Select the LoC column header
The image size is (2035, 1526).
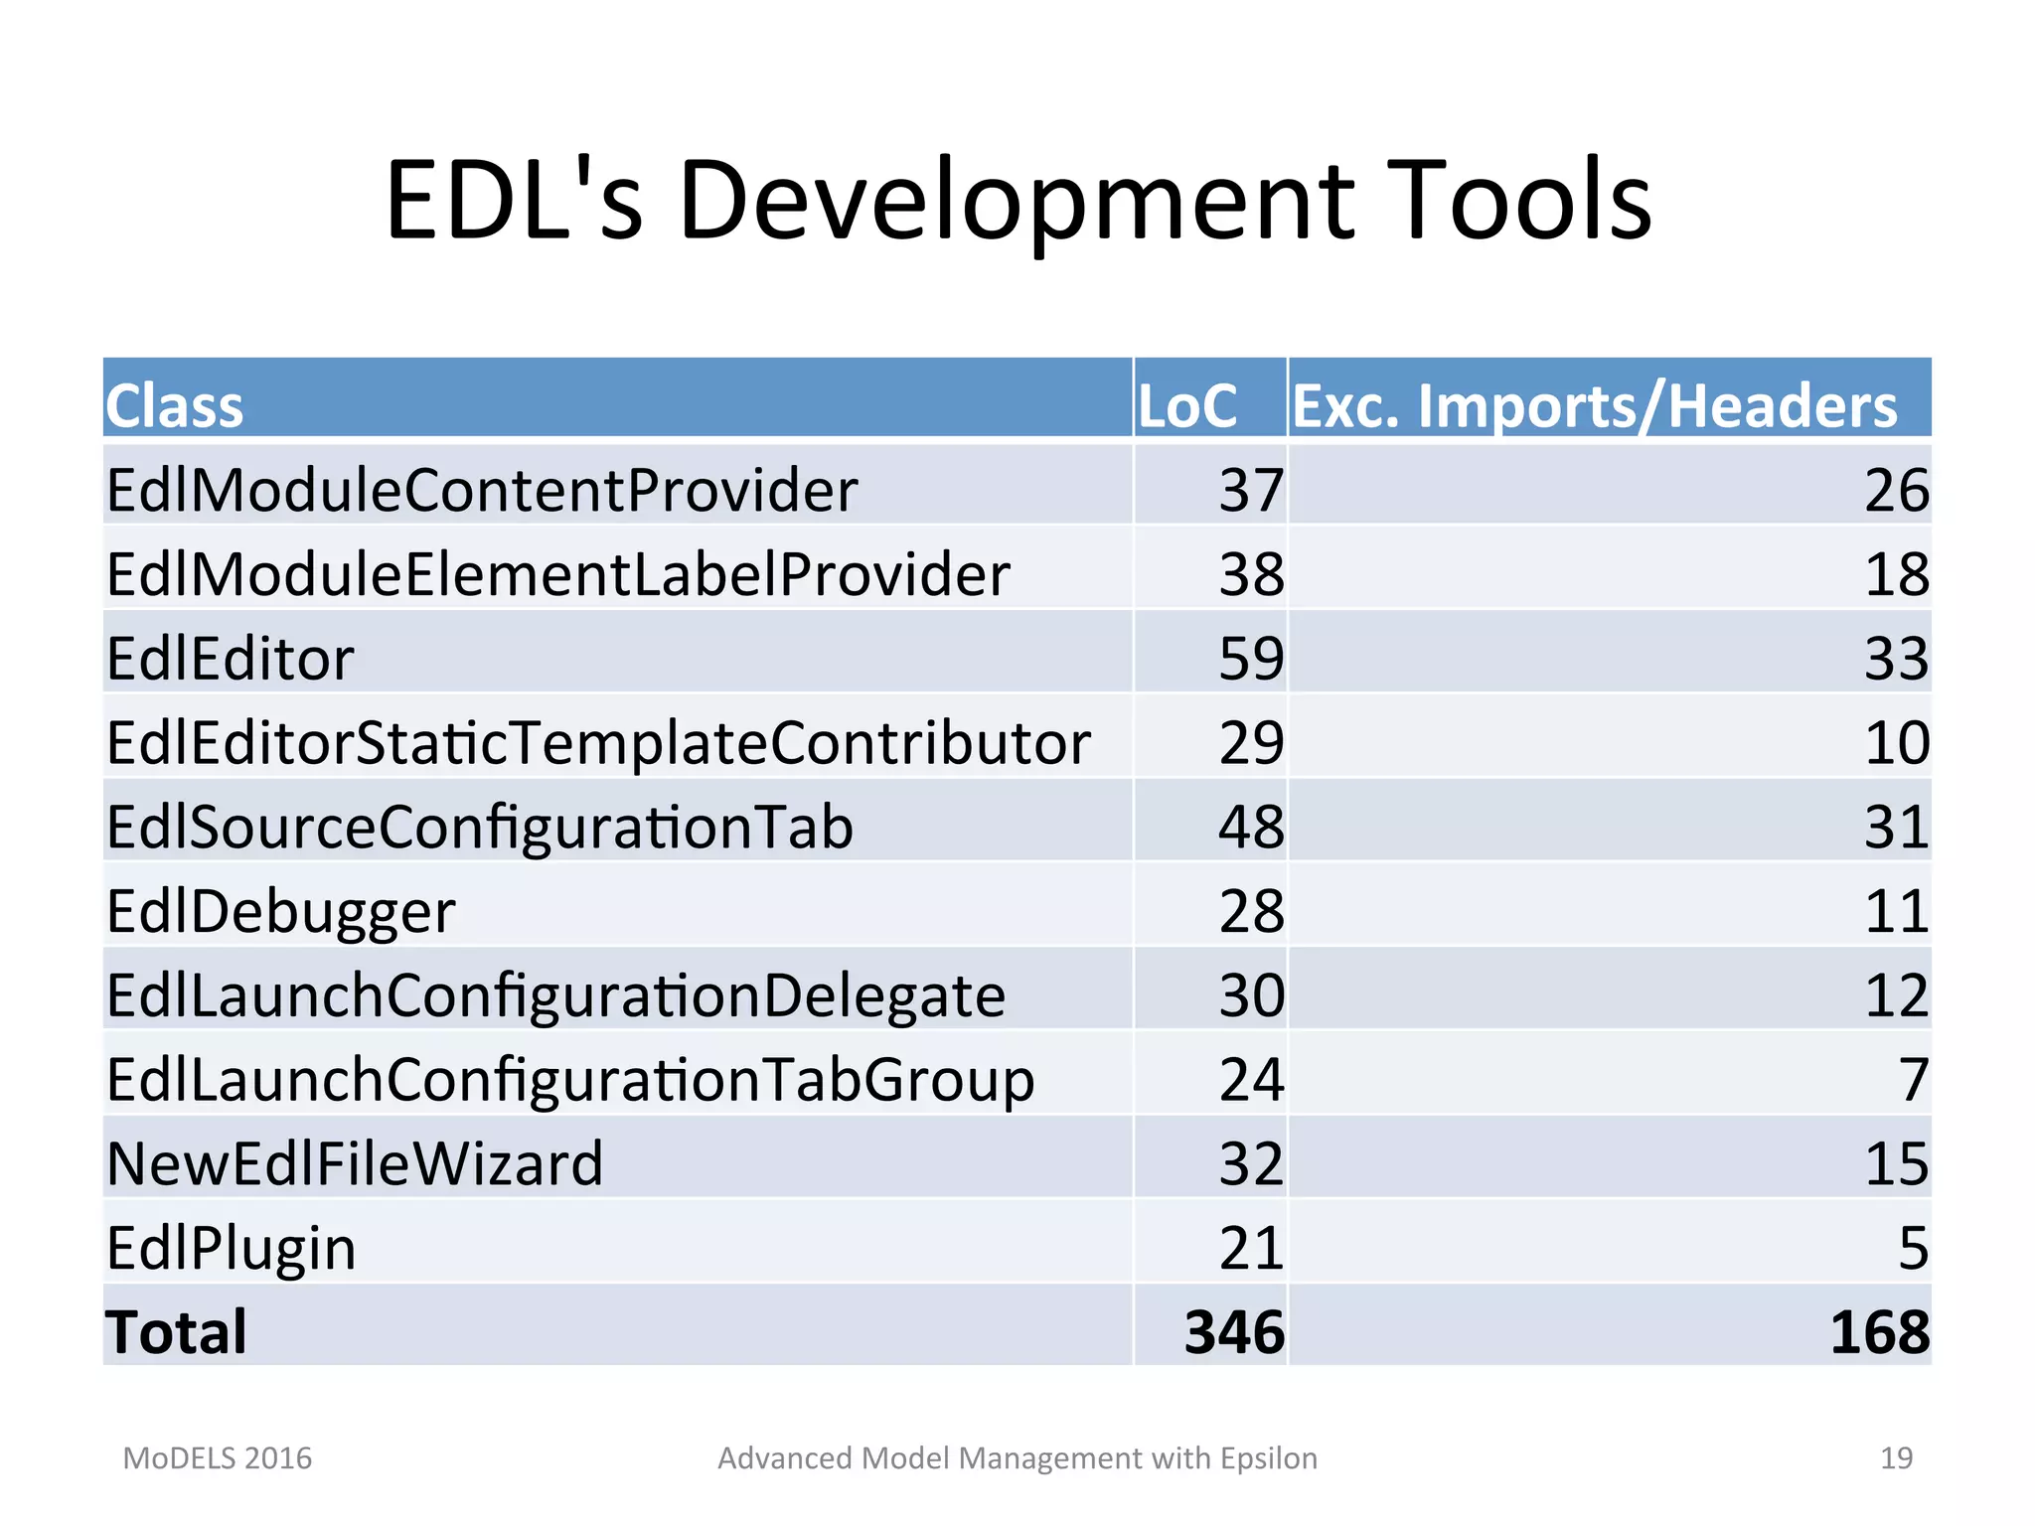[1186, 406]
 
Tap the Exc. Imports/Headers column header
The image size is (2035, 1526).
[1594, 406]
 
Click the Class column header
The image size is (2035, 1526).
[175, 406]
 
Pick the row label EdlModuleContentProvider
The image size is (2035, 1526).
[482, 490]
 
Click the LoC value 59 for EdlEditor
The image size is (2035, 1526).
[1251, 659]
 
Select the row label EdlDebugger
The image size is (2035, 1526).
[280, 912]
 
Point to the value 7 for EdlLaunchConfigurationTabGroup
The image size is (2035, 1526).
[1913, 1080]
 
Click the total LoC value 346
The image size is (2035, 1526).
[1234, 1332]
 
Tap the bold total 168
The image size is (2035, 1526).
[1879, 1332]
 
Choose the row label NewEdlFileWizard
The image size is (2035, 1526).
[355, 1164]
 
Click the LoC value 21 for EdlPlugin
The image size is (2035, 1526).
[1251, 1249]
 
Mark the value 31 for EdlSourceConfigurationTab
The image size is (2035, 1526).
[1896, 828]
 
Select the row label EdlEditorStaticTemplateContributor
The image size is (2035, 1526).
[598, 743]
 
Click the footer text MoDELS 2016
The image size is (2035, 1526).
[217, 1458]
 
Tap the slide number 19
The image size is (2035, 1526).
[1896, 1458]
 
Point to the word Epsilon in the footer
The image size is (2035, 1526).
[1268, 1458]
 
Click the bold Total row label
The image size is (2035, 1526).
[176, 1332]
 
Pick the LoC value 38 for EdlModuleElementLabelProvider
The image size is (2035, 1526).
[1251, 574]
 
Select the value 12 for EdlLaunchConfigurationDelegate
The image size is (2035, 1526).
[1896, 995]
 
